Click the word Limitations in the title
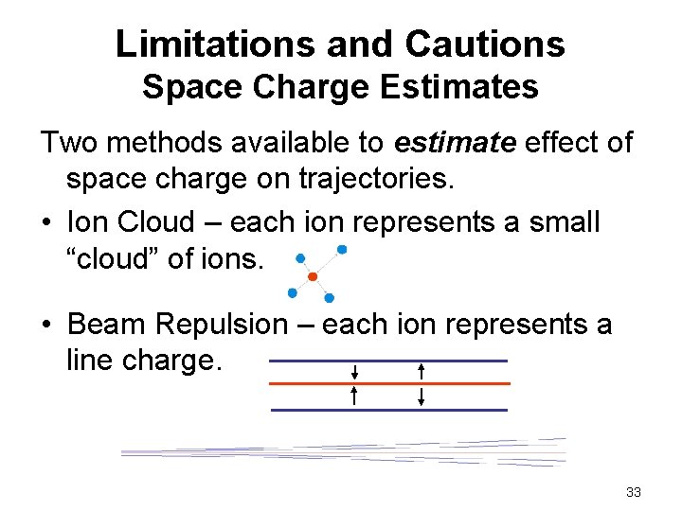click(207, 44)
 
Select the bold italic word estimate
click(454, 144)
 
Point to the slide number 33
click(634, 492)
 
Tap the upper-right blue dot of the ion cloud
click(342, 250)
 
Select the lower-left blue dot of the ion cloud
click(293, 292)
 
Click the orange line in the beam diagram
click(389, 383)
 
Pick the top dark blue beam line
click(388, 361)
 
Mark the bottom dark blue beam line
click(388, 410)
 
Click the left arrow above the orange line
click(353, 371)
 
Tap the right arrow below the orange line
click(422, 396)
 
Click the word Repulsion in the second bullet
click(234, 325)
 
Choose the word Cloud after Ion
click(163, 222)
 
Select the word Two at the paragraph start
click(67, 144)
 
